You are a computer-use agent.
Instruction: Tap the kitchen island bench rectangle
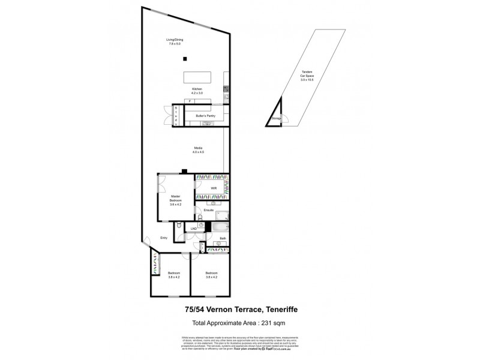(x=197, y=78)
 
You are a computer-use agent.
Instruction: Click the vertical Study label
(x=176, y=115)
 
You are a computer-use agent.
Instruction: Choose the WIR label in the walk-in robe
(x=213, y=188)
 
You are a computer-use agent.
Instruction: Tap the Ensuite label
(x=209, y=210)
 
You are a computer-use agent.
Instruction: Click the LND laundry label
(x=193, y=229)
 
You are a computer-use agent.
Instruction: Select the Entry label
(x=163, y=238)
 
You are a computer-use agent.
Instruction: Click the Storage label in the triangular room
(x=276, y=119)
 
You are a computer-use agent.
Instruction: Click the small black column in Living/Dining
(x=185, y=58)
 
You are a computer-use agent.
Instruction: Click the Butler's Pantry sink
(x=207, y=124)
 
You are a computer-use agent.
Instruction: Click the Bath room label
(x=223, y=238)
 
